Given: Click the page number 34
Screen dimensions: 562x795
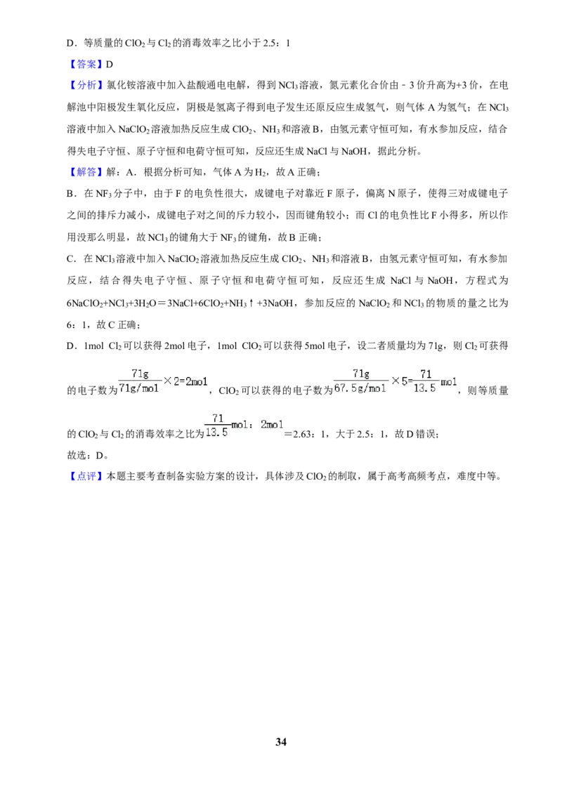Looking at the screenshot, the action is point(281,742).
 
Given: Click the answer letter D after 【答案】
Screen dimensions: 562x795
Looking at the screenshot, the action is point(109,65).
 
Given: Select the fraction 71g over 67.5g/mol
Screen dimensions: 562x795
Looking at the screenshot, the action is point(360,381).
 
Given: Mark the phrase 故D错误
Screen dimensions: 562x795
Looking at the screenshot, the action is point(414,434).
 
